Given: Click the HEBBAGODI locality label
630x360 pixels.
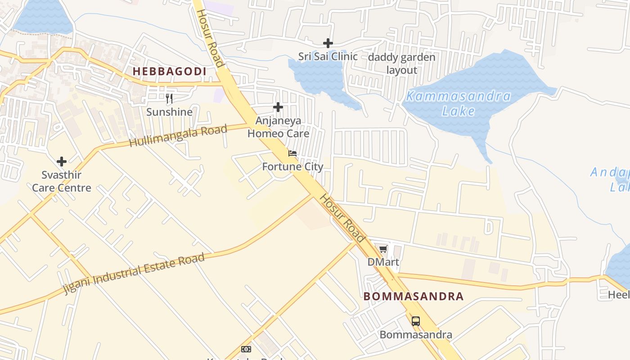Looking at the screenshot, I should pos(169,71).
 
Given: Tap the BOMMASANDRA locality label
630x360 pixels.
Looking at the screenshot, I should pos(413,296).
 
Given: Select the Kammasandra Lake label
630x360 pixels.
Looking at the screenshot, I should pos(458,103).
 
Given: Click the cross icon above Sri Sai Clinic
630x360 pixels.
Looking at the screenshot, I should pos(328,43).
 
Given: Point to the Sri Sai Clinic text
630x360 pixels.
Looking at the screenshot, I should pos(328,56).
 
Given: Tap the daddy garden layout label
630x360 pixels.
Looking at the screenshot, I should pos(402,63).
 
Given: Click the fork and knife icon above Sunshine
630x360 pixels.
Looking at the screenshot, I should pos(169,99).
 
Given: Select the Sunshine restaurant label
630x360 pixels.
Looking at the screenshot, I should pos(169,112).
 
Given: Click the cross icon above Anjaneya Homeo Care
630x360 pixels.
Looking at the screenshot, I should pos(278,107).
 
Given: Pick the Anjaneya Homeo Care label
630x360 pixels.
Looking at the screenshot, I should pos(278,127).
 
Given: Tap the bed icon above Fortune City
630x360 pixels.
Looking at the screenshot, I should pos(292,153).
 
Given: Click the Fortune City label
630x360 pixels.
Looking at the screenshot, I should pos(292,166).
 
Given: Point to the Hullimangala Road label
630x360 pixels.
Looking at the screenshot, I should pos(178,136).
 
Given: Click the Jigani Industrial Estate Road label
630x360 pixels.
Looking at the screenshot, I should pos(134,273).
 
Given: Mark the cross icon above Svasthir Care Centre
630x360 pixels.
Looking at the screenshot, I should pos(62,161).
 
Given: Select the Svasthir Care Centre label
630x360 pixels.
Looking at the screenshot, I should pos(62,181).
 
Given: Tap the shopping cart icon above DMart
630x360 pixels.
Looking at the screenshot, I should pos(383,249).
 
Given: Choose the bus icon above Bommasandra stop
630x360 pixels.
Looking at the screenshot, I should pos(416,321).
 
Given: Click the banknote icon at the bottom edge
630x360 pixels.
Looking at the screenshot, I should pos(246,349).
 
